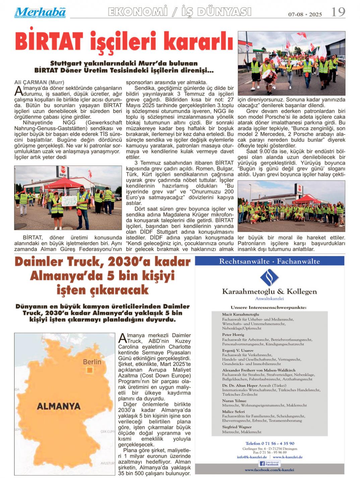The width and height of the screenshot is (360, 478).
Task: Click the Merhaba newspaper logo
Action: point(40,12)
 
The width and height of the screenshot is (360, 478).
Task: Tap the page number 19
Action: point(338,12)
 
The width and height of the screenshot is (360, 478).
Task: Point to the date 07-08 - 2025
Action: point(305,14)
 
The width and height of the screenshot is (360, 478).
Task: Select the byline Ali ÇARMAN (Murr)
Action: point(39,82)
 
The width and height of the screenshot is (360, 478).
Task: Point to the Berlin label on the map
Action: point(92,362)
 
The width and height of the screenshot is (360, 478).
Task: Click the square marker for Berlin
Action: point(89,370)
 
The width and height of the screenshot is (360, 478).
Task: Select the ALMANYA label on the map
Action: point(59,406)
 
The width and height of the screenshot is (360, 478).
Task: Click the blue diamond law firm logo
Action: point(269,277)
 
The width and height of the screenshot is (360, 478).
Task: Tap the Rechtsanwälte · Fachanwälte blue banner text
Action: point(269,261)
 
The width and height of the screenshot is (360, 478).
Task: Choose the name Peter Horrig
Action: point(233,335)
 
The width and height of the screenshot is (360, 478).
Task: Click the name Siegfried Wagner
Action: point(237,427)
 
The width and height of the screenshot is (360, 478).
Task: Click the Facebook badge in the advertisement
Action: point(269,464)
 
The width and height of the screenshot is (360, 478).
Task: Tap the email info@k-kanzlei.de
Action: point(252,457)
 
